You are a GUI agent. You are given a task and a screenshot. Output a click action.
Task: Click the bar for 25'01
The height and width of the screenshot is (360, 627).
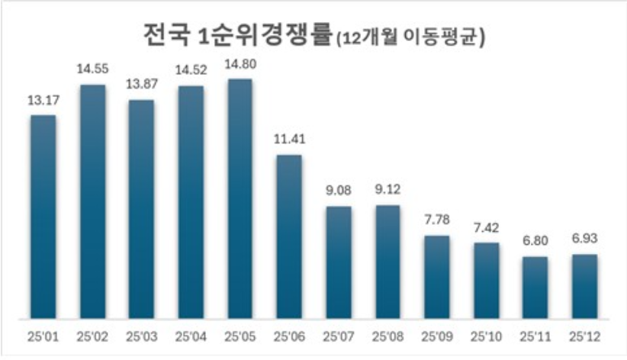point(43,217)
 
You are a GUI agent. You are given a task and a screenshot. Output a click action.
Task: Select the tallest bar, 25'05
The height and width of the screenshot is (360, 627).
point(240,198)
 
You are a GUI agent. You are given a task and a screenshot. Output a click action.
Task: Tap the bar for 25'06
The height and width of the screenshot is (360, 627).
point(288,236)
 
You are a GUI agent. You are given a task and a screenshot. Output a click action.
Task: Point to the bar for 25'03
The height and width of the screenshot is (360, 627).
point(141,209)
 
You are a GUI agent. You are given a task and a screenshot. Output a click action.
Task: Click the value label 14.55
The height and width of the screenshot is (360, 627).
point(92,69)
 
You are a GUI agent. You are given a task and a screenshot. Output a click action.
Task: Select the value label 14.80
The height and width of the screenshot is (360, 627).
point(240,63)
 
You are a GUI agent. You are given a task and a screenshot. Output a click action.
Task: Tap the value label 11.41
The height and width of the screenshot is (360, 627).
point(288,140)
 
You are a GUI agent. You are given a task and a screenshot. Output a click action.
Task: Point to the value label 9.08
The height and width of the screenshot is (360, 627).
point(338,191)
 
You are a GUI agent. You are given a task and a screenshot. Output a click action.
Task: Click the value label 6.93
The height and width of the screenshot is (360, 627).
point(584,239)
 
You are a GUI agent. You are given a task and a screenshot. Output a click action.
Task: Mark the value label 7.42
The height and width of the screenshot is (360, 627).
point(485,227)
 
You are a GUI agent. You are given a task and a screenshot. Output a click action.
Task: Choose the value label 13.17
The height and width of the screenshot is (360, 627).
point(43,99)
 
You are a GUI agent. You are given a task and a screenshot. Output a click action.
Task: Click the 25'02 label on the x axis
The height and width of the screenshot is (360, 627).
point(92,336)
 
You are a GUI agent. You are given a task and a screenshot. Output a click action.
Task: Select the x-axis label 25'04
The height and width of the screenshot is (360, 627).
point(191,336)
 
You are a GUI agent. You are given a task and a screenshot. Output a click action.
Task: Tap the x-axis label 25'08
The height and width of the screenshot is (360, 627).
point(387,336)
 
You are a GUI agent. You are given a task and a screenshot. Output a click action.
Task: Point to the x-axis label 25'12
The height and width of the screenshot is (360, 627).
point(584,336)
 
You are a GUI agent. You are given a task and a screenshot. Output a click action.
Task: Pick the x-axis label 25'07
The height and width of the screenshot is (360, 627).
point(338,336)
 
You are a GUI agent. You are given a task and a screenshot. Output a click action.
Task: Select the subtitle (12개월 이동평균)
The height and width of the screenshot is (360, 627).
point(412,36)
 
